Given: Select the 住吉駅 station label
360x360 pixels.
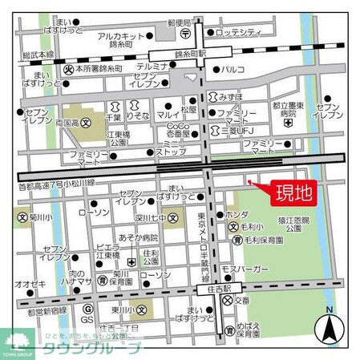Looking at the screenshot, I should pos(216,288).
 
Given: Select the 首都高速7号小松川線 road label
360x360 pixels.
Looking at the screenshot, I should pos(56,183).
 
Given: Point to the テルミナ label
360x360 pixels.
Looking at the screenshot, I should pos(152,66).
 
